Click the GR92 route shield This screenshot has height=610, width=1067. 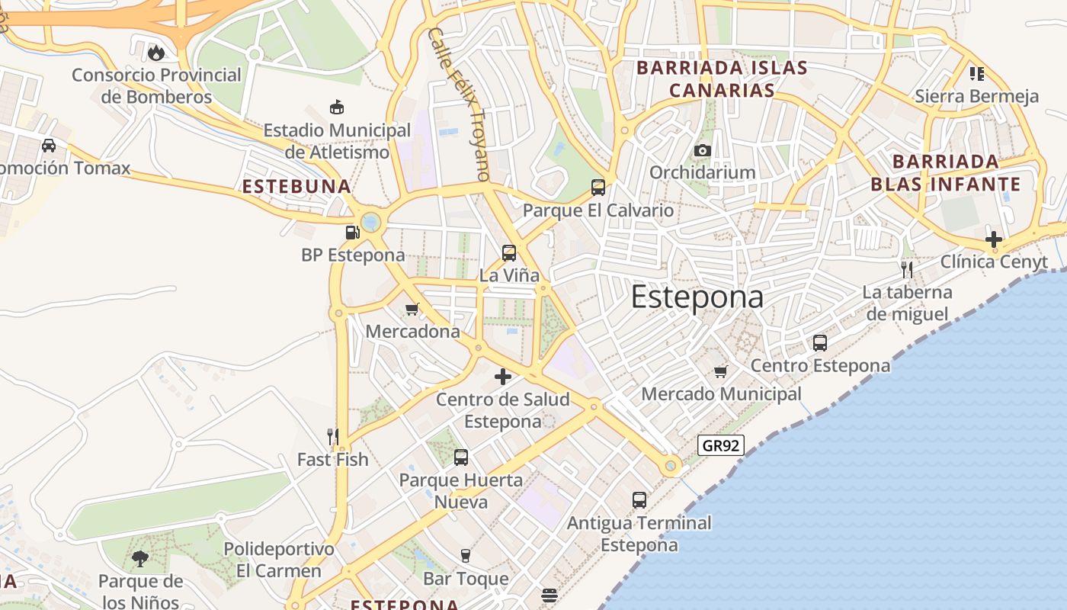click(720, 445)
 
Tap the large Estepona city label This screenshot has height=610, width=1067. click(697, 297)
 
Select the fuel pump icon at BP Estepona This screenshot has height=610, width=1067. click(352, 233)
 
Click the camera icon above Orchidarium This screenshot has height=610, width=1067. click(703, 150)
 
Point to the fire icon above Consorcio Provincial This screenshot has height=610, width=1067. click(156, 53)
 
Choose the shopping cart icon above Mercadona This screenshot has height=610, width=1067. click(412, 309)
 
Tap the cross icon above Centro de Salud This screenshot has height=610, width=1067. click(503, 377)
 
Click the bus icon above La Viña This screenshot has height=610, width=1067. click(509, 252)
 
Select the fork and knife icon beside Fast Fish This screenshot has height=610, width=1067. click(332, 437)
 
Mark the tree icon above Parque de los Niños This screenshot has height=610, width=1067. click(140, 559)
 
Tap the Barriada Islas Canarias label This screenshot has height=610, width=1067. click(722, 79)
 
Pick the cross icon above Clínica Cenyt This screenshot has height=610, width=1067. click(994, 239)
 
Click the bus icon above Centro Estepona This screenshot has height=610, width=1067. click(820, 343)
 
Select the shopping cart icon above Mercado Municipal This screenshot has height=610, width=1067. click(721, 371)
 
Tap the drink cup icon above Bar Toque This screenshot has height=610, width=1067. click(466, 556)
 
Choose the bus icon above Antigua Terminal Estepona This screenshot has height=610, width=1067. click(639, 500)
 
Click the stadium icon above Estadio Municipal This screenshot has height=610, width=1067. click(336, 108)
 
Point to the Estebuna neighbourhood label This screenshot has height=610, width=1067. click(296, 187)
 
